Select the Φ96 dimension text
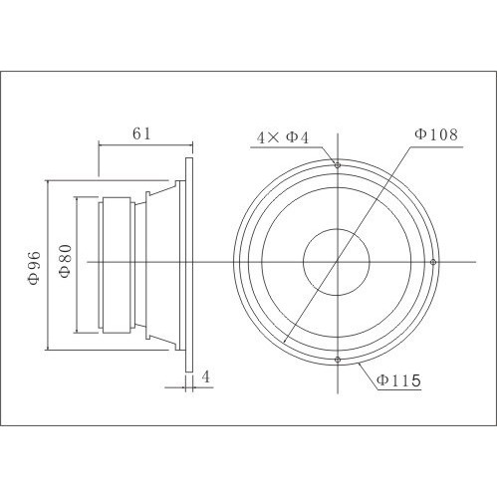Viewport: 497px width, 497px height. pyautogui.click(x=33, y=267)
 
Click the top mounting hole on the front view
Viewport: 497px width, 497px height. pyautogui.click(x=338, y=165)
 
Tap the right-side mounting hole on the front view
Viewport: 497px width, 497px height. pyautogui.click(x=433, y=262)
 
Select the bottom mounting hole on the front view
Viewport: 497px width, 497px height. pyautogui.click(x=338, y=359)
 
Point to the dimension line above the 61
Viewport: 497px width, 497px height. pyautogui.click(x=144, y=145)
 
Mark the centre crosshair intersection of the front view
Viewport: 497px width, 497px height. pyautogui.click(x=338, y=262)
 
